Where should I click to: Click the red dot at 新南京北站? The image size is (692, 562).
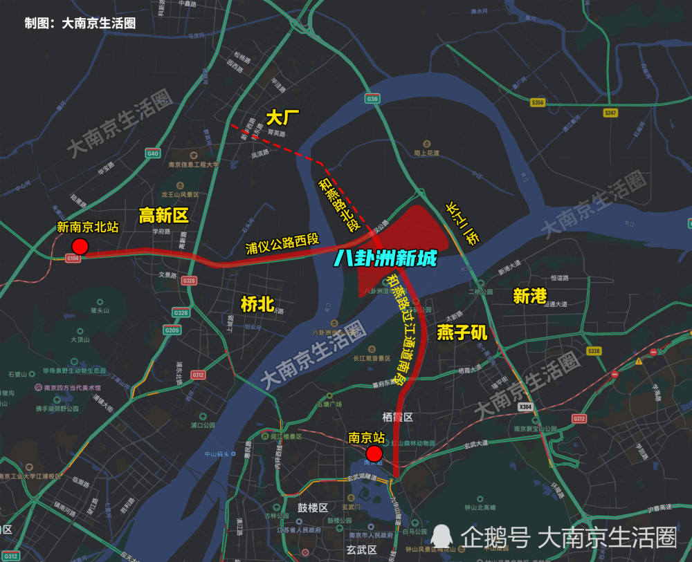coord(80,247)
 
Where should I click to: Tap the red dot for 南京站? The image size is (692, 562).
coord(374,453)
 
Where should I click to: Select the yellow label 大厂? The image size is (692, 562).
coord(282,118)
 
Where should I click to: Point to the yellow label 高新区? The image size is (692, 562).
coord(163,216)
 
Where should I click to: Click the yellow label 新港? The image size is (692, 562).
coord(529,296)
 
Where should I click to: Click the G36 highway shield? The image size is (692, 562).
coord(373,100)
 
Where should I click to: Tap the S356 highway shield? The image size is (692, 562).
coord(538,103)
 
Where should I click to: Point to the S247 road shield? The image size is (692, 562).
coord(610,113)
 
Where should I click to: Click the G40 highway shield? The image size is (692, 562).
coord(153,153)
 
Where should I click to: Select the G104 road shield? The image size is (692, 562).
coord(73,258)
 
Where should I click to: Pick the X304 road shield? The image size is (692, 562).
coord(525,407)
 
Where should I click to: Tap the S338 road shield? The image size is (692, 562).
coord(594,351)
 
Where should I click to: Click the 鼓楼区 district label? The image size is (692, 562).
coord(313,507)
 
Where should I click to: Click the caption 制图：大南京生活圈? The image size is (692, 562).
coord(80,23)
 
